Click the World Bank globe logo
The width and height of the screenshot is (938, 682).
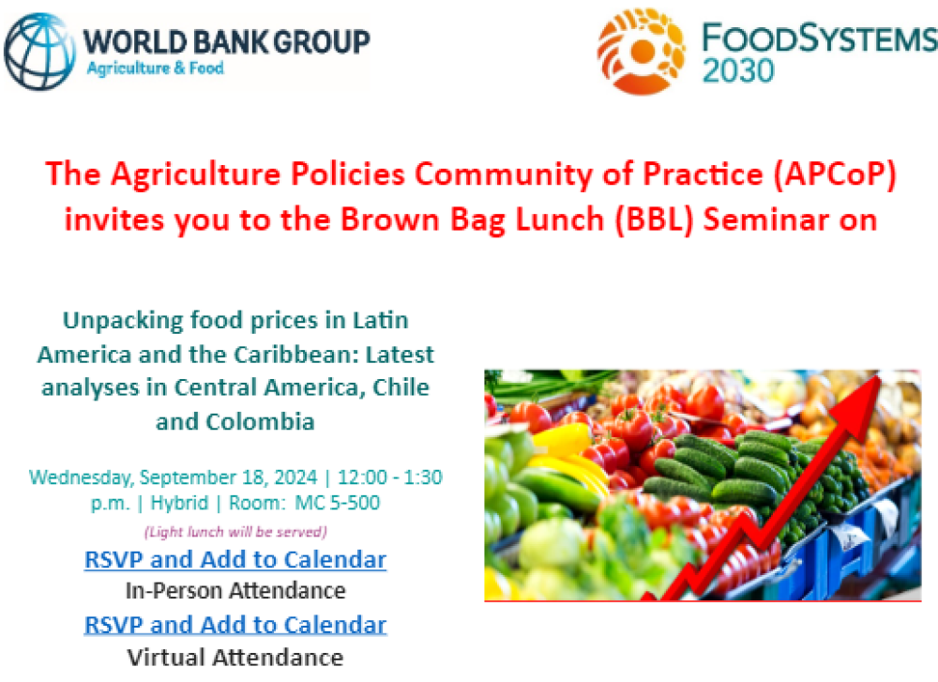40,50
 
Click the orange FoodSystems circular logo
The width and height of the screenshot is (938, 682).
641,51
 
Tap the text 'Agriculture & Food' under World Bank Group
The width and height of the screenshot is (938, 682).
155,68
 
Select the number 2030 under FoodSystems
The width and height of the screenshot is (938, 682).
738,70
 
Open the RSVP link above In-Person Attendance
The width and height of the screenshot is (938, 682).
234,560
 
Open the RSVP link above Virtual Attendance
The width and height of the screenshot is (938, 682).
234,625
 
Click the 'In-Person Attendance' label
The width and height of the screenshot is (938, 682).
234,591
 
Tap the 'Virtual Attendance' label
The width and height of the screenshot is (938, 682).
234,656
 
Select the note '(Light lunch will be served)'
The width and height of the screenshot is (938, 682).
234,532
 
